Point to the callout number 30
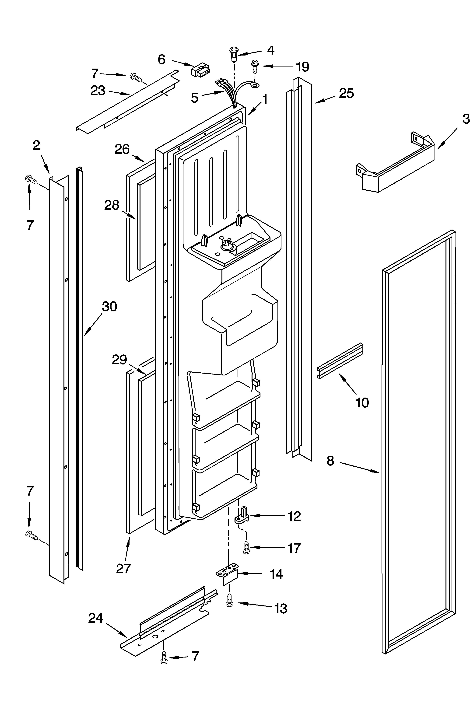pos(109,307)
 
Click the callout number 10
pos(362,403)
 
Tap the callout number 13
pos(281,609)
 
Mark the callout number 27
pos(123,568)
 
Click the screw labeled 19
pos(254,66)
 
